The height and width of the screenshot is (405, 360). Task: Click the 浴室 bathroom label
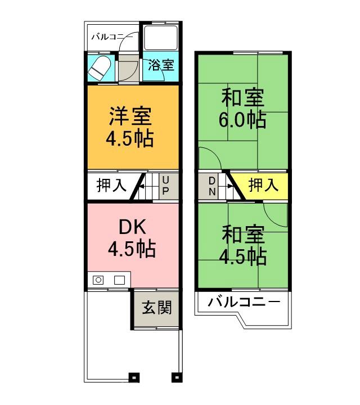point(161,66)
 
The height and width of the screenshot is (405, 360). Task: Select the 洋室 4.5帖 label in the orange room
point(130,127)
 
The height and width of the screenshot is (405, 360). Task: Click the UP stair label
point(166,185)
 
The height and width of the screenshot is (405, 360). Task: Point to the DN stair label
point(212,185)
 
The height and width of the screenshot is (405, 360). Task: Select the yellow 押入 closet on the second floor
point(263,185)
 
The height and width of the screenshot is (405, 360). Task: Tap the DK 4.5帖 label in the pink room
point(132,238)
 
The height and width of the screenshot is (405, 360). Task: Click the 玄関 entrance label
point(156,308)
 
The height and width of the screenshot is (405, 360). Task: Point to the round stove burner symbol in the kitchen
point(98,280)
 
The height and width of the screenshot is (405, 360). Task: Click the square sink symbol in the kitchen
point(119,280)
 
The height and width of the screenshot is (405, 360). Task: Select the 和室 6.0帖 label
point(243,109)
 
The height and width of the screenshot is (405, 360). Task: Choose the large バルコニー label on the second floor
point(244,303)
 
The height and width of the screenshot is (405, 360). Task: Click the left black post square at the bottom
point(133,377)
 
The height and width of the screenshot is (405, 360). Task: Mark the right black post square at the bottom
point(176,377)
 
